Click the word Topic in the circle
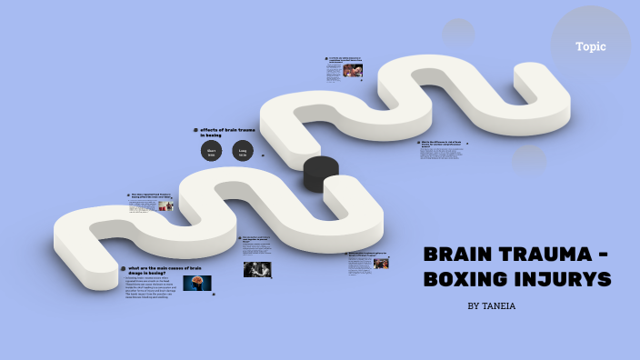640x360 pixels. coord(590,46)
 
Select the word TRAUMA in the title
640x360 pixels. coord(546,255)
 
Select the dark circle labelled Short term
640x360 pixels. coord(211,152)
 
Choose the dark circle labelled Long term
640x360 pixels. coord(243,152)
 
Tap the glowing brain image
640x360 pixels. coord(196,283)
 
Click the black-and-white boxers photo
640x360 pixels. coord(256,269)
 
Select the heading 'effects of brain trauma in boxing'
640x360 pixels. coord(228,133)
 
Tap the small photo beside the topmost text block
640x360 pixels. coord(353,71)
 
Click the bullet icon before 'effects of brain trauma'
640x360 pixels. coord(195,131)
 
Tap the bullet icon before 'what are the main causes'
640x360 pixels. coord(123,268)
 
